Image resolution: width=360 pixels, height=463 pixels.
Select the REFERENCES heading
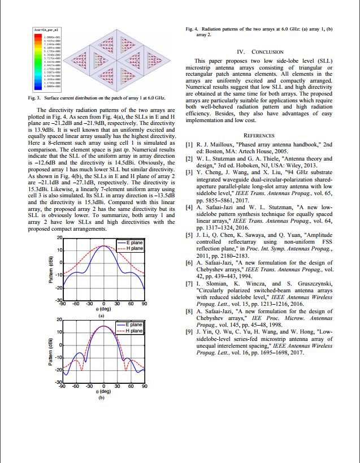click(x=259, y=136)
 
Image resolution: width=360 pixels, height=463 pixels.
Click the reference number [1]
click(x=189, y=145)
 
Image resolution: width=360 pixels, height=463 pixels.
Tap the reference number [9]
click(x=189, y=332)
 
